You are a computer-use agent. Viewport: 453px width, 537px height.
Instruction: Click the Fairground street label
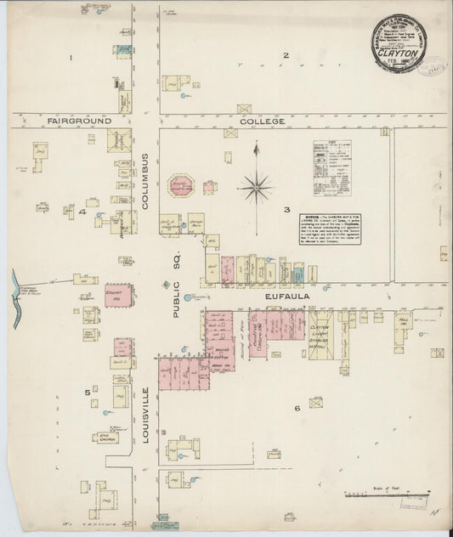coord(81,122)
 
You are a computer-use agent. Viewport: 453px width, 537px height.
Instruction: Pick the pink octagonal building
coord(179,186)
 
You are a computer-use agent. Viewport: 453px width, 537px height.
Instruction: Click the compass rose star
coord(255,186)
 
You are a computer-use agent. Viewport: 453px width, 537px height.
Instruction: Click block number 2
coord(286,56)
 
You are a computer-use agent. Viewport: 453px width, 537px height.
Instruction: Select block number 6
coord(297,409)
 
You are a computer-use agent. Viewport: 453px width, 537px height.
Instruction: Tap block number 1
coord(71,58)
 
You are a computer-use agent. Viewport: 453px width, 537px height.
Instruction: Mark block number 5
coord(87,392)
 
